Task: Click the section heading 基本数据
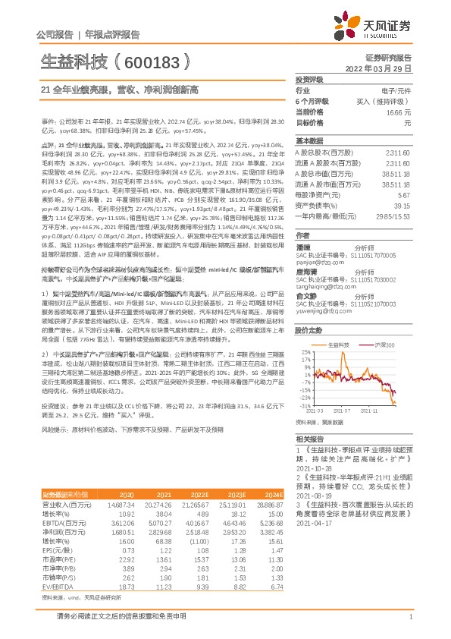tap(309, 141)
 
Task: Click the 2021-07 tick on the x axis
tap(348, 411)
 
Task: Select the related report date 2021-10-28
tap(314, 469)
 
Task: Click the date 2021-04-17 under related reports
tap(314, 523)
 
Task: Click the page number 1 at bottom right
tap(410, 616)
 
